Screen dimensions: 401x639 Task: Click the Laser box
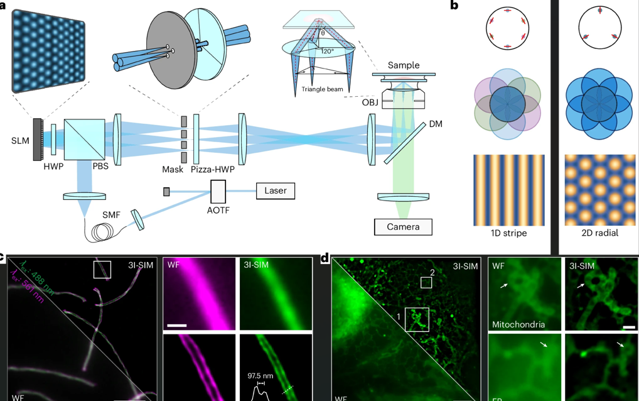click(276, 190)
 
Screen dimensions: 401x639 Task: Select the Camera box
click(403, 226)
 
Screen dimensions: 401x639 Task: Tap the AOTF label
click(218, 210)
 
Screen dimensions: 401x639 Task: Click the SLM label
click(20, 141)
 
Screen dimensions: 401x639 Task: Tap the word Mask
click(173, 169)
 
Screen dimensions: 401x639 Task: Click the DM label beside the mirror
click(436, 124)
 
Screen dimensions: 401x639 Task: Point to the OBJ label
click(370, 102)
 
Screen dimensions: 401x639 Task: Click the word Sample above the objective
click(404, 65)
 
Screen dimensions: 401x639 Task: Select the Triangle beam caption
click(322, 89)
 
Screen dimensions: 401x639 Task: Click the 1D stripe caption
click(508, 233)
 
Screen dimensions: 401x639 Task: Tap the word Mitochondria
click(518, 325)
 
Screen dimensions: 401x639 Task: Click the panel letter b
click(454, 6)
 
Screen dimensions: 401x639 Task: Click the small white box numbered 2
click(426, 282)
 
